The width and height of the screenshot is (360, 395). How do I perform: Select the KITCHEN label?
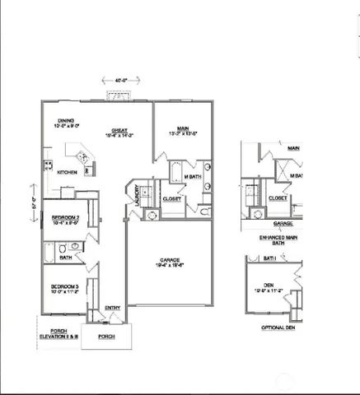pos(68,172)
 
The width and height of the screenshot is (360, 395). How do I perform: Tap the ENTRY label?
pos(112,309)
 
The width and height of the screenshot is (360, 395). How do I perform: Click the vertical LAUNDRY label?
pos(136,194)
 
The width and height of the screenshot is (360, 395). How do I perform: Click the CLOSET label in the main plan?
pos(172,198)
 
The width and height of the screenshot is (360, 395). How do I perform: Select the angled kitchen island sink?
pos(82,156)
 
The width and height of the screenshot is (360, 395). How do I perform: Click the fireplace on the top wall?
pos(121,95)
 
